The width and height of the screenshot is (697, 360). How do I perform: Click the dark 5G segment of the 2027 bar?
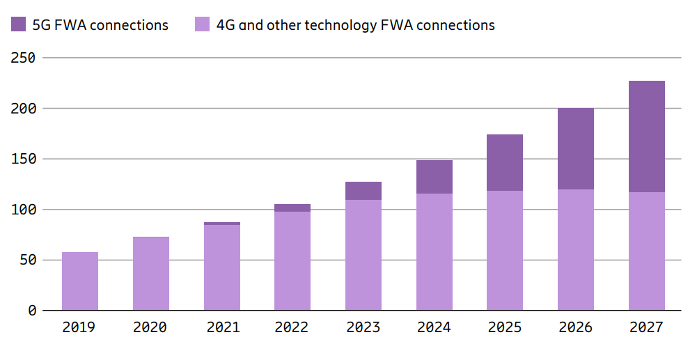click(x=646, y=136)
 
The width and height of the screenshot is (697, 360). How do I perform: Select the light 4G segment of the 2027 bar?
click(x=646, y=251)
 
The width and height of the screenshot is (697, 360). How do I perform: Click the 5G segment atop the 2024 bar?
click(x=434, y=177)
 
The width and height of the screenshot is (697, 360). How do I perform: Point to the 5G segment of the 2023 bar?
click(x=363, y=191)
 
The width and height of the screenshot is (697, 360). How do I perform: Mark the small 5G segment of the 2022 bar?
click(x=292, y=208)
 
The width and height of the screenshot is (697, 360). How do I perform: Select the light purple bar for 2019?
click(x=80, y=281)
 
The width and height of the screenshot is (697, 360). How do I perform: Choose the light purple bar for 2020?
click(x=151, y=274)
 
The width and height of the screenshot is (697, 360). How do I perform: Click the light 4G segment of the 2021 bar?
click(x=221, y=267)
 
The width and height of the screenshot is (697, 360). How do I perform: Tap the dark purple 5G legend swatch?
click(x=19, y=25)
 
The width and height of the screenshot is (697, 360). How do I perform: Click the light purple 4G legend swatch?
click(x=203, y=25)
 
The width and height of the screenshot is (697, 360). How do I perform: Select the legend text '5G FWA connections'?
click(x=100, y=25)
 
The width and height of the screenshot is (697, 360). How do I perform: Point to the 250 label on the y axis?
click(x=23, y=58)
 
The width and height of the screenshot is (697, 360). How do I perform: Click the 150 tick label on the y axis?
click(x=23, y=159)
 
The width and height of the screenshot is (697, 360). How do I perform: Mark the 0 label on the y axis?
click(x=31, y=311)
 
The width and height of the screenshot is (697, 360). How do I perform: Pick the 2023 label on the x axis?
click(x=363, y=327)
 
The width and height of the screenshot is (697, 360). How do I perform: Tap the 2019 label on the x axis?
click(x=80, y=327)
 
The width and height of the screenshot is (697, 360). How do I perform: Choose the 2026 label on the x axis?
click(x=575, y=327)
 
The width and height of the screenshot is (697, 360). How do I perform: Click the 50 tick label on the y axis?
click(x=27, y=260)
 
